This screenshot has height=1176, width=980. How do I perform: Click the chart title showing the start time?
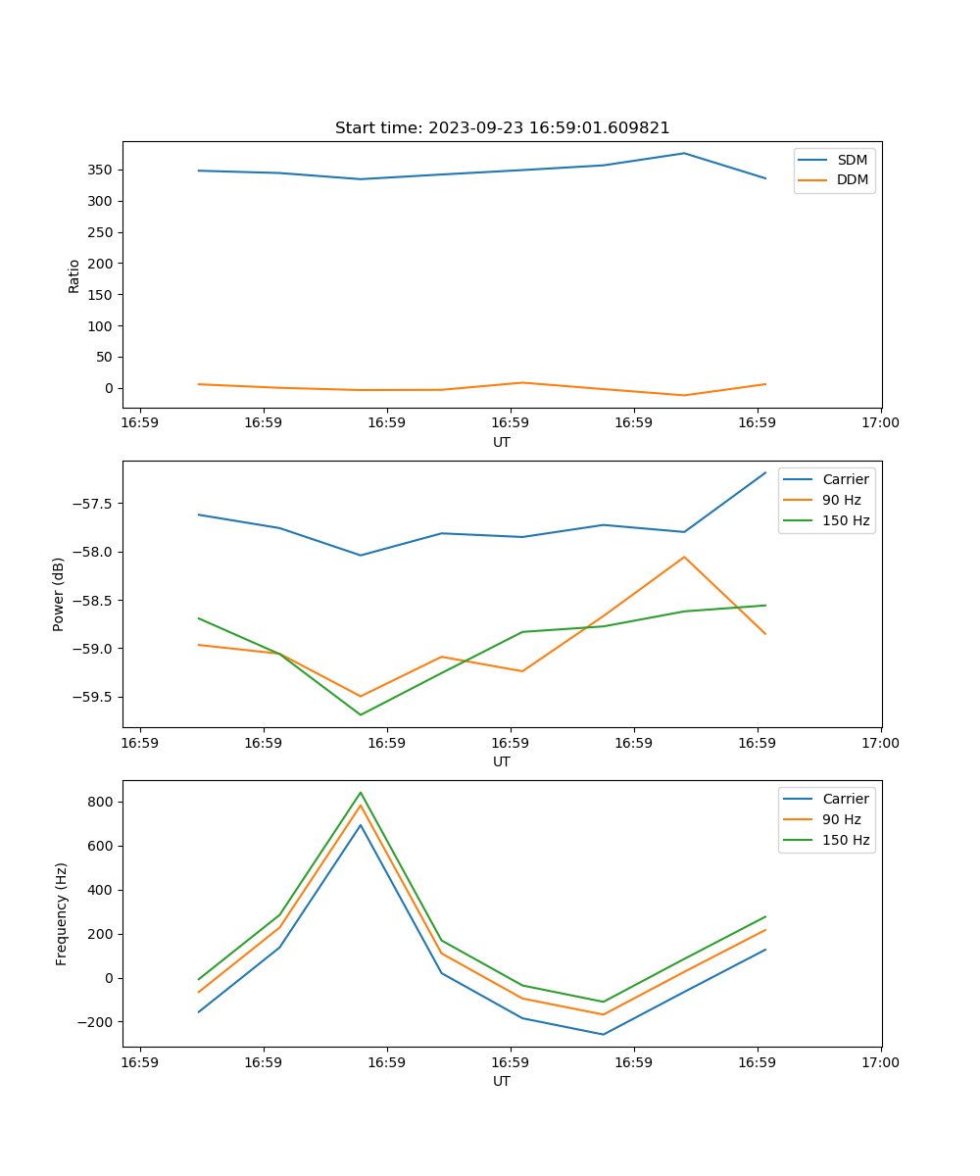502,128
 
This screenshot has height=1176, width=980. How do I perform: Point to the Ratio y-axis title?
74,275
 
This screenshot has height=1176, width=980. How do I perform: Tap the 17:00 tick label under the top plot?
880,423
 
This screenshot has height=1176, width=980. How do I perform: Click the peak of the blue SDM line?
684,153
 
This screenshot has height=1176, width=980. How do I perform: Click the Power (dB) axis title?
59,594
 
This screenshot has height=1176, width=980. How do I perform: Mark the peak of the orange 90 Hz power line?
684,557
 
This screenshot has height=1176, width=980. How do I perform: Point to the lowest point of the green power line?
361,714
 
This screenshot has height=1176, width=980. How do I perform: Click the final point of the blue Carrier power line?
765,472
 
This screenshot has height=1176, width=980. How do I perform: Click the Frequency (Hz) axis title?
61,913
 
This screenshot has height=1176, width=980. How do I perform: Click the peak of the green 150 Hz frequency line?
361,792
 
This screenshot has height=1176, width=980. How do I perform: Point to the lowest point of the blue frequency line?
603,1034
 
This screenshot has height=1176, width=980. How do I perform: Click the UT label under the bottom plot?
502,1081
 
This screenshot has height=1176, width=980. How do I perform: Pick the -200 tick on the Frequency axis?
98,1022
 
